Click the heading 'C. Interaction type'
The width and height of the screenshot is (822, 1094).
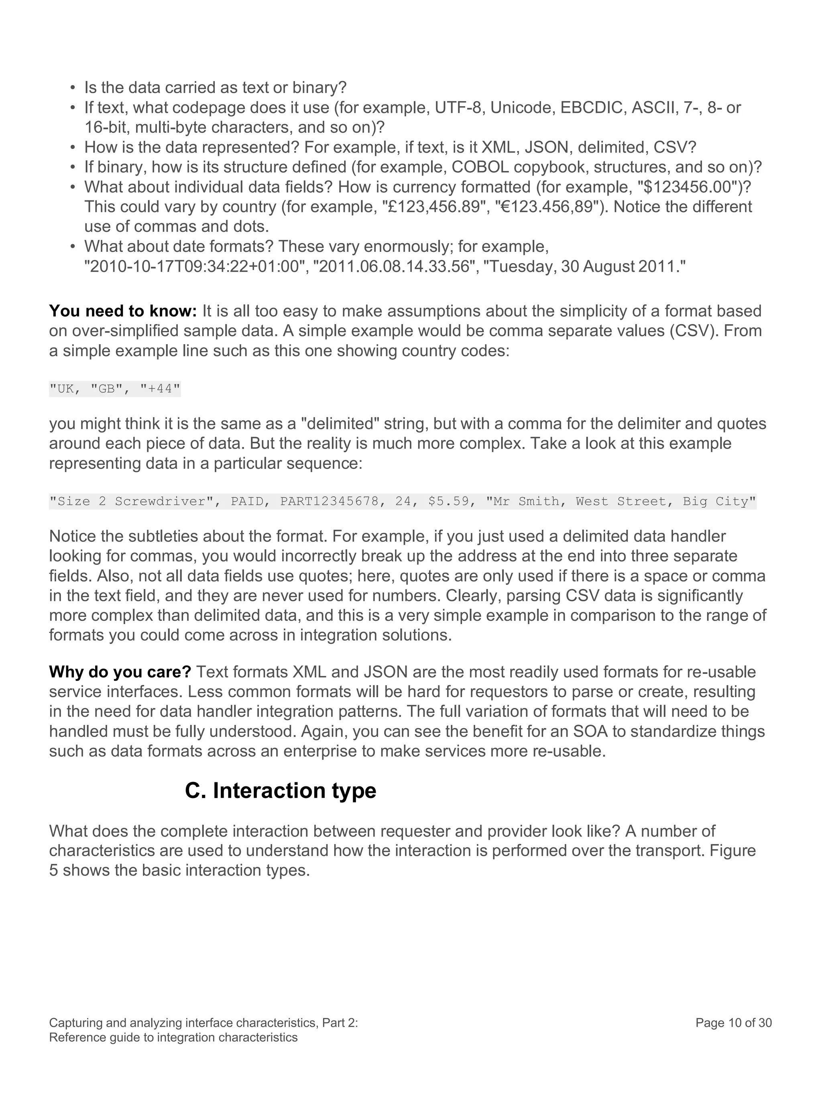tap(280, 790)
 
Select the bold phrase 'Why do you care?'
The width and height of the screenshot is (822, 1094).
tap(120, 672)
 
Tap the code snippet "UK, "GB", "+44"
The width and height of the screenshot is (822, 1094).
tap(115, 389)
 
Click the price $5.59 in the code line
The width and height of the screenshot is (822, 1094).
tap(448, 502)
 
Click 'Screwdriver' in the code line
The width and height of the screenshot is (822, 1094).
tap(160, 502)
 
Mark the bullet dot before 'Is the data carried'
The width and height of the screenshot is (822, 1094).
tap(73, 88)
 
